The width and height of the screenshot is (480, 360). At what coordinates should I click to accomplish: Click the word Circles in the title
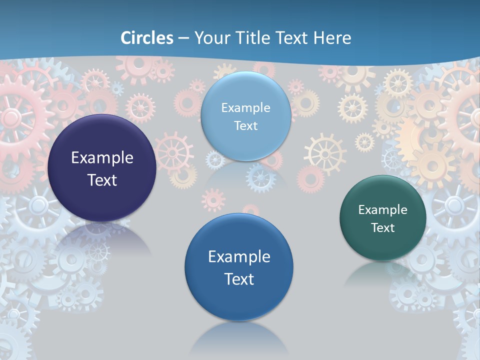pos(147,38)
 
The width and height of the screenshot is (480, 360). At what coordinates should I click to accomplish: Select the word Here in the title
pos(332,38)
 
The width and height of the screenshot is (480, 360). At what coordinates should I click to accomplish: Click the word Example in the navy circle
pos(102,157)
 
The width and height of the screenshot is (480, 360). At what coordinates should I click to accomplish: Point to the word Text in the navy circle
pos(102,180)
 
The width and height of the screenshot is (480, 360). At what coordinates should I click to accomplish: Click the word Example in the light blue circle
pos(245,107)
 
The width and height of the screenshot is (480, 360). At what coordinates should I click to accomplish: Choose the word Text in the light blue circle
pos(245,125)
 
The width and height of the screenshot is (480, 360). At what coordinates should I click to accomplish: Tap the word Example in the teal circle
pos(383,209)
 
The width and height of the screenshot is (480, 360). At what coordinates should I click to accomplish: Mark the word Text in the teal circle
pos(383,227)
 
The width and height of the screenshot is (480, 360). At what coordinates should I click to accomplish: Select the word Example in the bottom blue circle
pos(239,256)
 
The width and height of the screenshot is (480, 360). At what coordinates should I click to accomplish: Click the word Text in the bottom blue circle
pos(239,278)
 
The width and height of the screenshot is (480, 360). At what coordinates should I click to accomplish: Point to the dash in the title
pos(183,38)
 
